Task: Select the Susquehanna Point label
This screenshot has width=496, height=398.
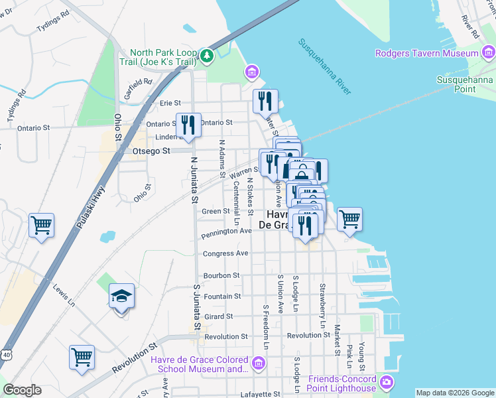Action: pyautogui.click(x=465, y=84)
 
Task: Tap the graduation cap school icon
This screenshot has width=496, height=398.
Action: pyautogui.click(x=121, y=296)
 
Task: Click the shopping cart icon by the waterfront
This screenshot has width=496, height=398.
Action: pyautogui.click(x=349, y=218)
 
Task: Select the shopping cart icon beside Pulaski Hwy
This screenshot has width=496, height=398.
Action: pyautogui.click(x=41, y=226)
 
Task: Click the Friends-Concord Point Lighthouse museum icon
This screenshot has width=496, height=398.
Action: pyautogui.click(x=387, y=383)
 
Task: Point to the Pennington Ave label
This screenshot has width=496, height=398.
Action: pyautogui.click(x=226, y=231)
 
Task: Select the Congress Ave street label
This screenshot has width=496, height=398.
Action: pyautogui.click(x=225, y=253)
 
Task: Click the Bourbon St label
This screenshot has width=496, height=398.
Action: pyautogui.click(x=221, y=275)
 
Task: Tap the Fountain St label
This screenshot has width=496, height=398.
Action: pyautogui.click(x=222, y=296)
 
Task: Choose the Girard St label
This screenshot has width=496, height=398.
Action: pyautogui.click(x=219, y=316)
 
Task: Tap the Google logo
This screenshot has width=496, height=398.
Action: pyautogui.click(x=22, y=390)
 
